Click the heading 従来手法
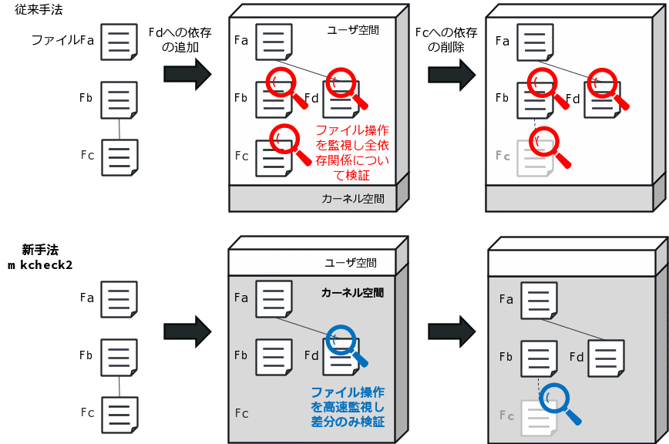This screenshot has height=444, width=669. point(39,9)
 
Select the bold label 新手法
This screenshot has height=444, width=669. point(40,250)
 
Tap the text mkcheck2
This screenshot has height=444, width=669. point(40,265)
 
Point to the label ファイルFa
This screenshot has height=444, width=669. point(62,40)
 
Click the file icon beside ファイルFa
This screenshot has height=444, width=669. point(119,42)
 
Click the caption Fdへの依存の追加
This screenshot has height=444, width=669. point(180,39)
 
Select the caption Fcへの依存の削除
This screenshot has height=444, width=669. point(446,39)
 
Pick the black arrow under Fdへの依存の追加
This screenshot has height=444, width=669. point(187,74)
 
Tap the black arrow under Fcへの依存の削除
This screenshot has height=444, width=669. point(452,75)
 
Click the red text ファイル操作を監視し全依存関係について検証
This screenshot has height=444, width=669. point(352,153)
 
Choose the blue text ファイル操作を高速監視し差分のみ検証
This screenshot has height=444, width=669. point(348,407)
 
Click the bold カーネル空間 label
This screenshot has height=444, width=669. point(352,293)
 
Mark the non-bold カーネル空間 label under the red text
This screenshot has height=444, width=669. point(353,199)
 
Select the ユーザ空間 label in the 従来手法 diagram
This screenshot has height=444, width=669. point(353,30)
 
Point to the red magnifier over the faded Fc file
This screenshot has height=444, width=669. point(549,146)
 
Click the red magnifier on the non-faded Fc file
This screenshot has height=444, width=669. point(290,143)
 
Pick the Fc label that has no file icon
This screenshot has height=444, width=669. point(241,413)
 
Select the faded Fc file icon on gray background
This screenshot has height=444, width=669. point(539,418)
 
